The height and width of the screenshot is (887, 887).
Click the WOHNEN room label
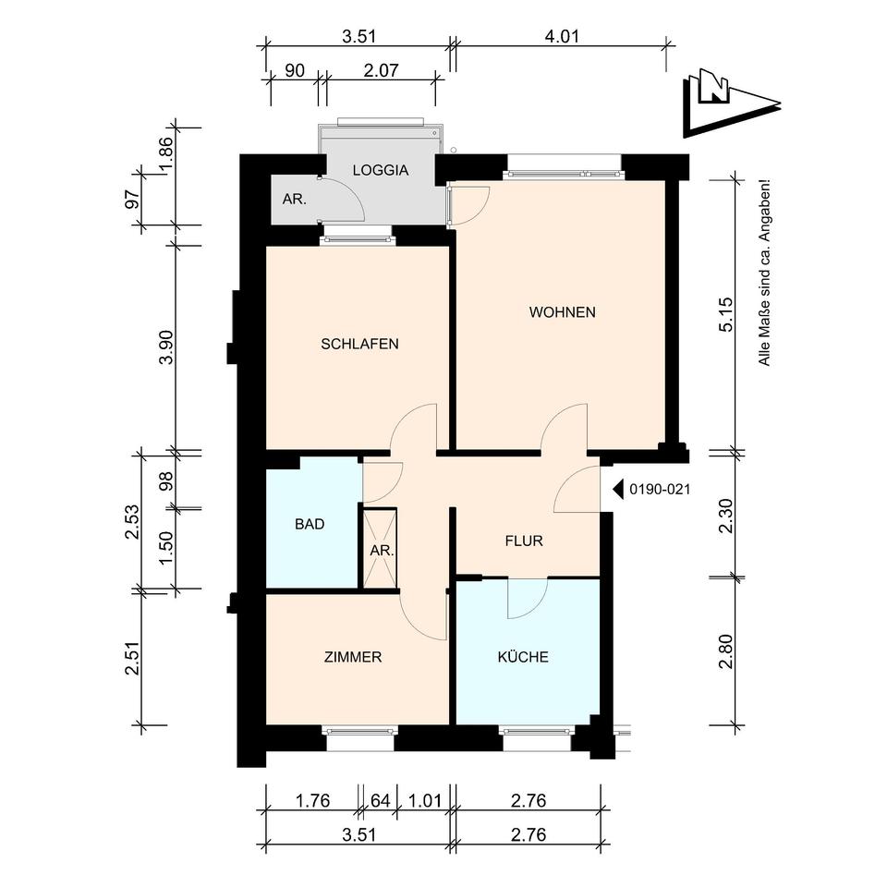563,312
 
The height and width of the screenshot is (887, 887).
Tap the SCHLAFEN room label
359,344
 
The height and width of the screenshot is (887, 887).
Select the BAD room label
310,525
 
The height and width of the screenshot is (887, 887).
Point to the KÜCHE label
523,657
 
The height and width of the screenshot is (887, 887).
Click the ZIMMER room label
353,657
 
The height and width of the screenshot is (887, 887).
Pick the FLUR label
525,541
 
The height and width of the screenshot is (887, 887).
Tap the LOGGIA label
381,170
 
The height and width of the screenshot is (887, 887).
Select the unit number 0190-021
660,490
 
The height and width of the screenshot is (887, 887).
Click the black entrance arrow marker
619,490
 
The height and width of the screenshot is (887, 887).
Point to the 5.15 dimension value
726,314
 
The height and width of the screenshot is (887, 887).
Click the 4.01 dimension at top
562,37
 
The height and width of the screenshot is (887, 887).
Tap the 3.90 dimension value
167,347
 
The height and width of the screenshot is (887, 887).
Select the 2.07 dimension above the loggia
381,71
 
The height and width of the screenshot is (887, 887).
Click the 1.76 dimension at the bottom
313,801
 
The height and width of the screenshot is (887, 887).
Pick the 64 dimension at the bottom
380,801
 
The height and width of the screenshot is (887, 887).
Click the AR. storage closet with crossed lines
380,549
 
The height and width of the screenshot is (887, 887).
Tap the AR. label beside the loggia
295,200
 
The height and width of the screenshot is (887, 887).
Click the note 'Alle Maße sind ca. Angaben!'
764,273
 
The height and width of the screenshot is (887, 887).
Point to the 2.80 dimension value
726,651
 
